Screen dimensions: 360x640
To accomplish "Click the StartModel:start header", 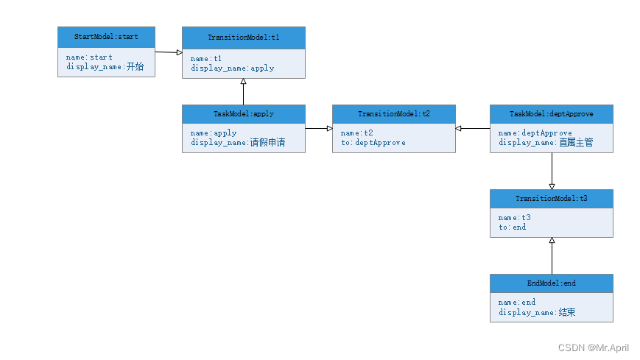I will click(x=106, y=36).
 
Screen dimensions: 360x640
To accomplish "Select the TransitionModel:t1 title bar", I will click(x=243, y=37).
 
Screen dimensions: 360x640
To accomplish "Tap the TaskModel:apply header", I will click(x=243, y=114).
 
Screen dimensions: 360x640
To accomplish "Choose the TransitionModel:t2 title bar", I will click(x=393, y=114).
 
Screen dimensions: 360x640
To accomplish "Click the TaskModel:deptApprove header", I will click(x=551, y=114).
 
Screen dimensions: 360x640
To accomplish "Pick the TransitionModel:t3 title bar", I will click(x=551, y=199).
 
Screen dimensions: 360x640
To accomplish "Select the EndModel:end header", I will click(x=551, y=283).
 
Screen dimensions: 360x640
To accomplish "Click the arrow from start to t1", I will click(x=169, y=52).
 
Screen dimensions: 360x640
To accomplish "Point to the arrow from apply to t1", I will click(x=243, y=91).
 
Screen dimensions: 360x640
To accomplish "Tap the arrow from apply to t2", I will click(x=318, y=129).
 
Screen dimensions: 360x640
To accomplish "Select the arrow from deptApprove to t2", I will click(x=473, y=129).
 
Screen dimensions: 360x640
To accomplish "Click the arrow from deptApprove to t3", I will click(x=552, y=171).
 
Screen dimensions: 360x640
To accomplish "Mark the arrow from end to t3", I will click(x=552, y=255).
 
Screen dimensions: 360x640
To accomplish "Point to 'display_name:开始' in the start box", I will click(x=105, y=67).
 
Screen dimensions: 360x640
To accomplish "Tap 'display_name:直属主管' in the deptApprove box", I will click(x=545, y=143).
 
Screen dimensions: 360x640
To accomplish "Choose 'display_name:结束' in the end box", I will click(x=536, y=312).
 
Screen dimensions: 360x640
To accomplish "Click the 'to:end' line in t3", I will click(x=512, y=227).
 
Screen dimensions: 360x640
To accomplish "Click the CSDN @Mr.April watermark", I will click(x=593, y=347).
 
